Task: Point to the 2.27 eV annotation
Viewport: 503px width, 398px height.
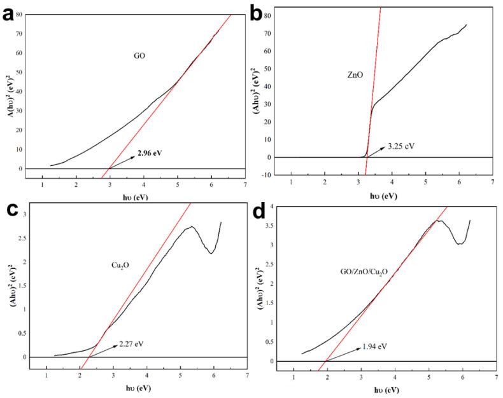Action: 131,344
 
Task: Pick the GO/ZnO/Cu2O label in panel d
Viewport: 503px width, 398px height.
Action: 364,271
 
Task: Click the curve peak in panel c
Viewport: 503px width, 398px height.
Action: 191,226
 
